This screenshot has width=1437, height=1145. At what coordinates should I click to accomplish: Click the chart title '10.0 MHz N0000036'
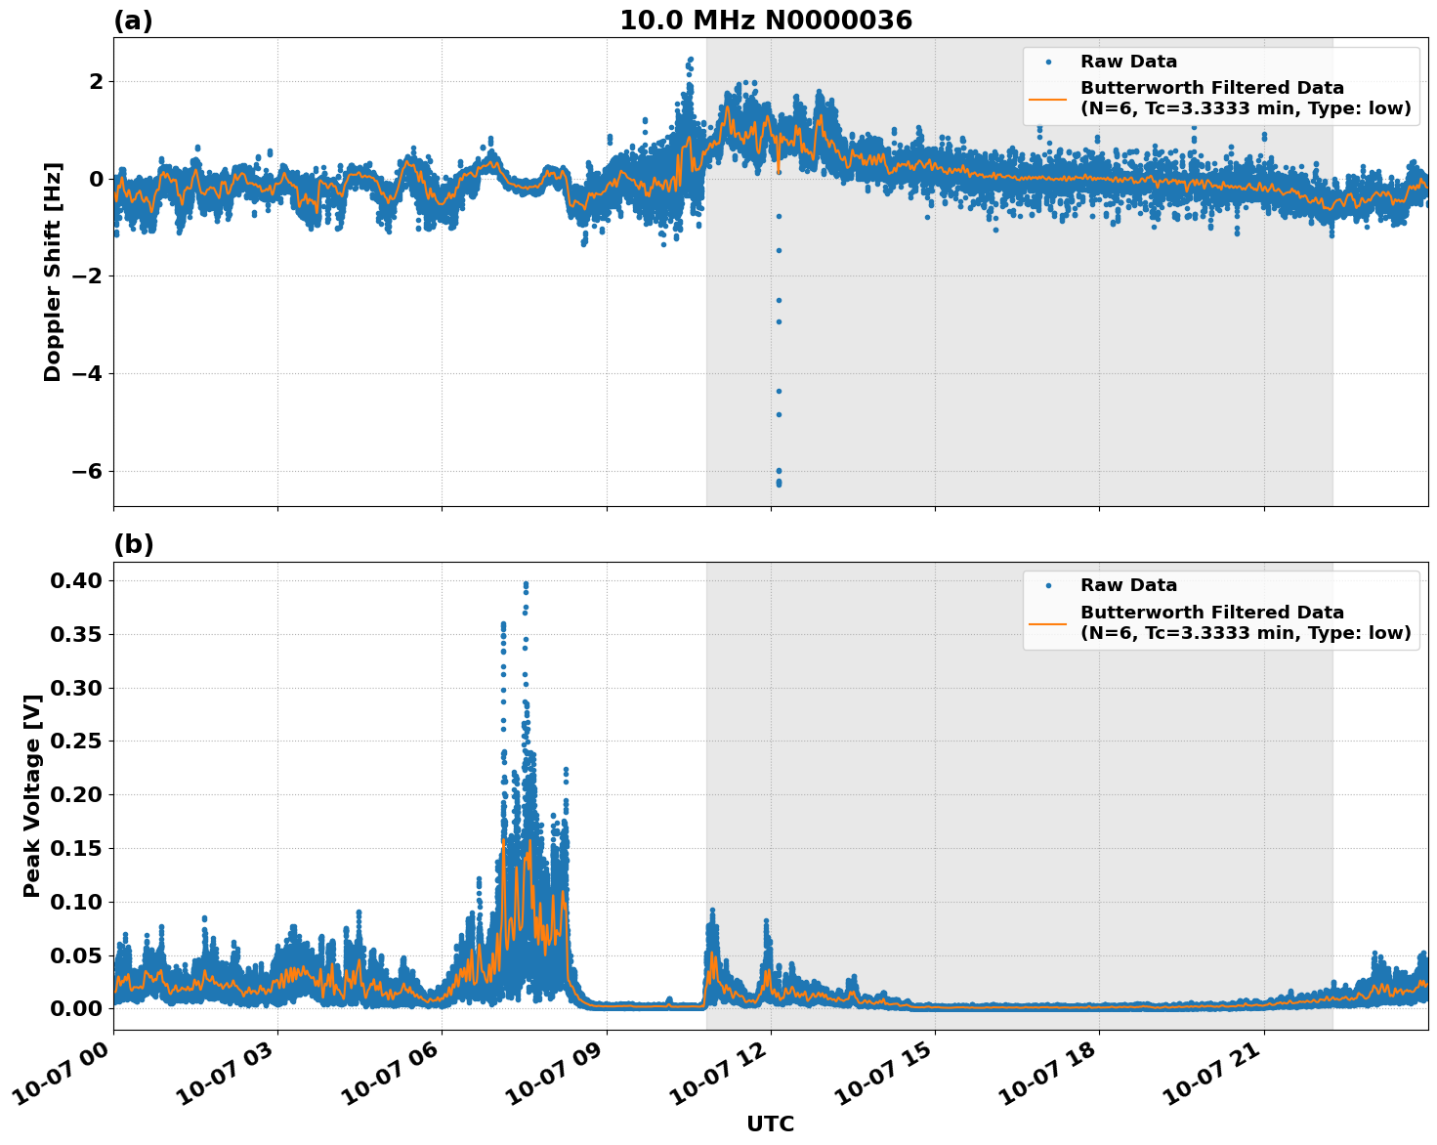coord(765,21)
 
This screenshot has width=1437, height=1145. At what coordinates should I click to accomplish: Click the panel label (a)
coord(133,21)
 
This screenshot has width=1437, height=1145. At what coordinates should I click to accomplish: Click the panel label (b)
coord(133,544)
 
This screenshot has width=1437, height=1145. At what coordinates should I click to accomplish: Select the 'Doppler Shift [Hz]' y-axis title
coord(53,272)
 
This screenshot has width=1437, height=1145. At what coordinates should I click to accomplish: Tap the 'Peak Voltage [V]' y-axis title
coord(32,795)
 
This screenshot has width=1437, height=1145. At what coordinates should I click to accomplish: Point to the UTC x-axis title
coord(770,1124)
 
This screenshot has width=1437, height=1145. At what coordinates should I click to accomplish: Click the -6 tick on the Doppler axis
coord(86,472)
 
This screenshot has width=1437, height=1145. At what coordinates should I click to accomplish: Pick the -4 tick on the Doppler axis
coord(86,374)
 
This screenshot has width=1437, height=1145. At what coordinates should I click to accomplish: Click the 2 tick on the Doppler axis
coord(96,81)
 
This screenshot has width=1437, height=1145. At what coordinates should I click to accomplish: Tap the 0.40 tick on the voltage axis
coord(76,581)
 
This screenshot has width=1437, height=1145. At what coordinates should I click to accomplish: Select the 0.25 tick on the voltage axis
coord(76,742)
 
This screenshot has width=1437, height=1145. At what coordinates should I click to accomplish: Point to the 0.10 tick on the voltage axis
coord(76,902)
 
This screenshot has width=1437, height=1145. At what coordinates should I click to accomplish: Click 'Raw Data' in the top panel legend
coord(1128,62)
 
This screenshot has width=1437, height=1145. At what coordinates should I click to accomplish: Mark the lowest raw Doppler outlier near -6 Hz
coord(779,484)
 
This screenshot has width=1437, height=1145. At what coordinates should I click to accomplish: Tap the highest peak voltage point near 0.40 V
coord(526,584)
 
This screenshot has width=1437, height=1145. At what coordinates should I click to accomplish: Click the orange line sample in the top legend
coord(1048,99)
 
